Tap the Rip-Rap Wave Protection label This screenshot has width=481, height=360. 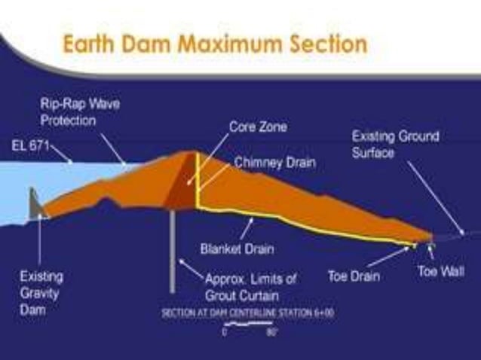[x=80, y=112]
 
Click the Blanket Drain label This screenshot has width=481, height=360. [x=237, y=249]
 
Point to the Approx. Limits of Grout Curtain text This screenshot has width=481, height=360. [x=251, y=287]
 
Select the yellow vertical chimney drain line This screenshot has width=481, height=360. [x=197, y=181]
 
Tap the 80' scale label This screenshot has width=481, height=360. [x=270, y=331]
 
